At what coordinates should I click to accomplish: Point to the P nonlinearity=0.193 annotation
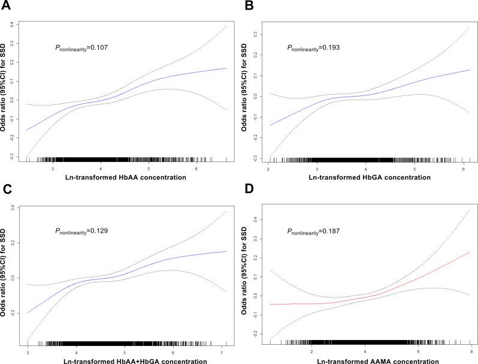click(316, 46)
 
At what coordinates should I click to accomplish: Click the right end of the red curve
click(469, 252)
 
